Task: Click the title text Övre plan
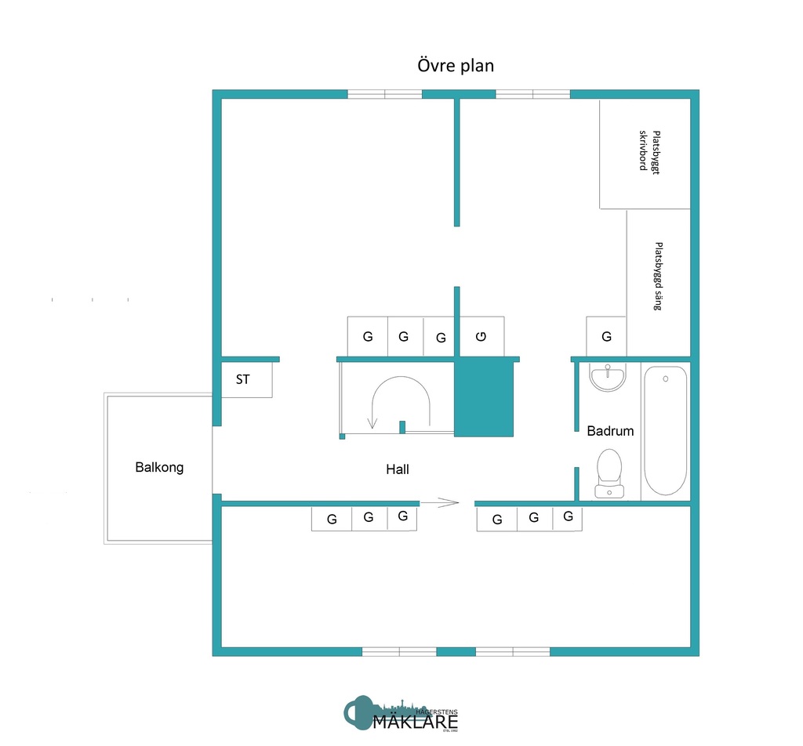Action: click(455, 66)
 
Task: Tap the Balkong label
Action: click(159, 468)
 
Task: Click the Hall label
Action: click(398, 470)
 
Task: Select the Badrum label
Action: click(610, 431)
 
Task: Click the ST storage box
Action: click(246, 380)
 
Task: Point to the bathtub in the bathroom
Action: click(665, 431)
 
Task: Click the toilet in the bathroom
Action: click(609, 473)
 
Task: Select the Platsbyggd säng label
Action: click(658, 275)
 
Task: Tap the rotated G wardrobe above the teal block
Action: click(481, 337)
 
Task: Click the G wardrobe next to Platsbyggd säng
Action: click(606, 336)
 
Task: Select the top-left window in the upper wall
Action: click(384, 94)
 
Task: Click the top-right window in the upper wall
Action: click(533, 94)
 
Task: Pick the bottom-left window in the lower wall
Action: click(399, 651)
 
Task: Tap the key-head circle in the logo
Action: click(358, 712)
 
